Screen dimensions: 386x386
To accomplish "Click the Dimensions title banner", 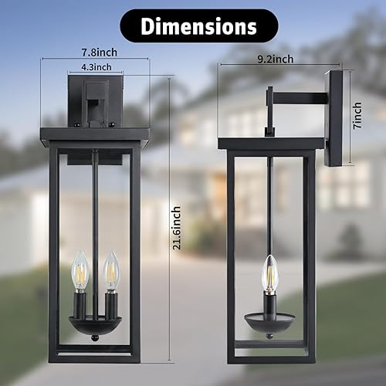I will tap(198, 25).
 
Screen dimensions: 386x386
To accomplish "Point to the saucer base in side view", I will tap(269, 318).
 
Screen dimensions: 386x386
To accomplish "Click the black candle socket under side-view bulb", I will tap(270, 303).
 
